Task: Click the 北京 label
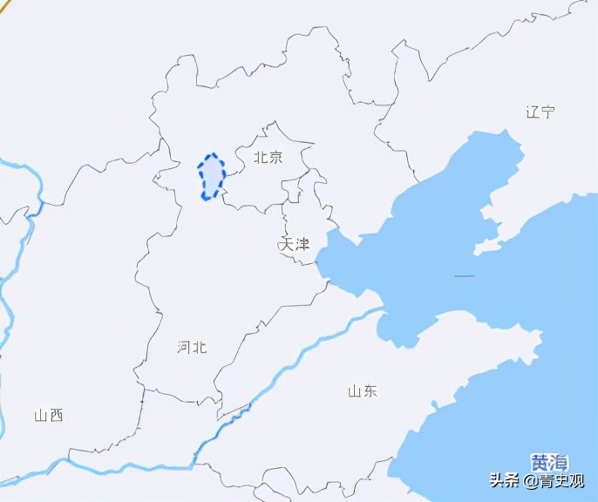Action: point(268,158)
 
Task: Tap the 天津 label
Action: point(295,244)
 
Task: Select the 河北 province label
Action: point(192,347)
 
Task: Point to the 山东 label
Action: point(363,391)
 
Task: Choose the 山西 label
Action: point(49,416)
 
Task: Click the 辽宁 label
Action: point(540,112)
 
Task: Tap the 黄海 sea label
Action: point(550,462)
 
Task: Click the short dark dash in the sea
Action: point(465,276)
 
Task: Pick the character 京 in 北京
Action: point(275,158)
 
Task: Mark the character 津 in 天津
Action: point(302,244)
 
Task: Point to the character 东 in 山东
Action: point(370,391)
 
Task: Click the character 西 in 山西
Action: point(57,416)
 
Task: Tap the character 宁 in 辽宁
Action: point(548,112)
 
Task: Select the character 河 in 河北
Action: point(184,347)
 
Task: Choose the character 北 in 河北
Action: point(200,347)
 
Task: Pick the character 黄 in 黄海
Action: point(541,462)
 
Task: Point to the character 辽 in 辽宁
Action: point(533,112)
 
